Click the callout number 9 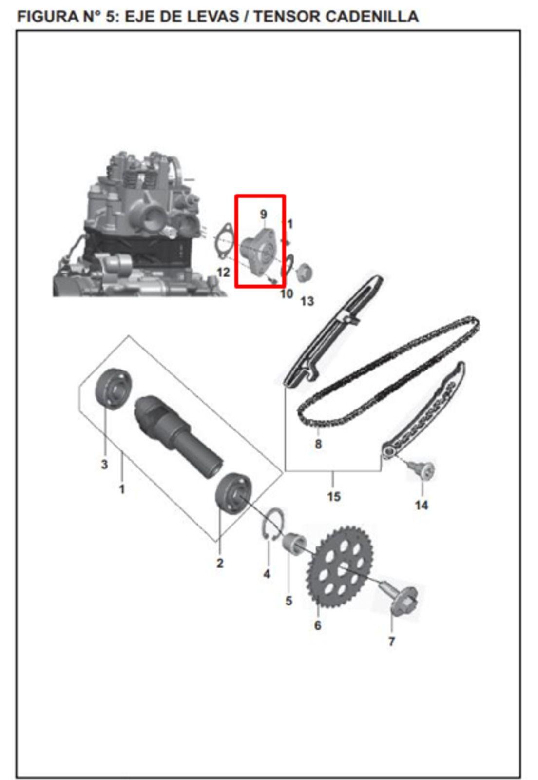[264, 214]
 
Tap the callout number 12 [223, 272]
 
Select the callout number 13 [307, 301]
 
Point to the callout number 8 [318, 444]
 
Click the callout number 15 [334, 497]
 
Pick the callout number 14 [422, 505]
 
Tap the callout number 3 [104, 464]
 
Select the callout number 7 [391, 642]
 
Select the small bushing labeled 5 [295, 543]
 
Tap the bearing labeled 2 [233, 493]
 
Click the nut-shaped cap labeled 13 [304, 272]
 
